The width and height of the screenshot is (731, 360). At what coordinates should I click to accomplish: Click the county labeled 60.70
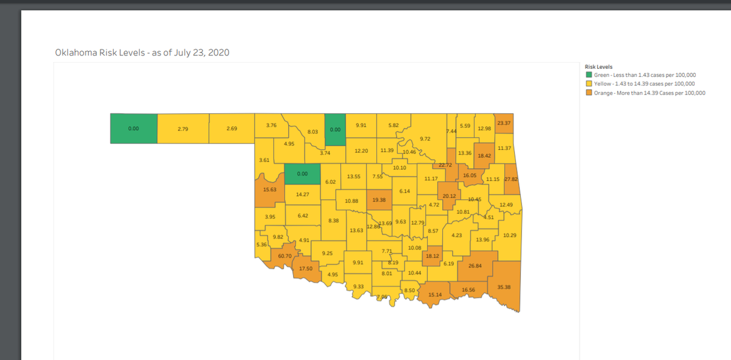284,256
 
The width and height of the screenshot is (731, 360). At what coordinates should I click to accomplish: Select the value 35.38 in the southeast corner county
504,287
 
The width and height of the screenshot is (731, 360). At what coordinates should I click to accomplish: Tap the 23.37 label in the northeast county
504,123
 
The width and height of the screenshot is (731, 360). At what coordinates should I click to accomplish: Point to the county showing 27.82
511,179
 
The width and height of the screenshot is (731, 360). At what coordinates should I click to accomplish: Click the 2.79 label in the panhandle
183,129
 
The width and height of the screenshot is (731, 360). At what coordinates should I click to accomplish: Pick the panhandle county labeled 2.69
231,129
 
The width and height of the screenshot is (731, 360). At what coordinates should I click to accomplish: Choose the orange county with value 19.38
379,200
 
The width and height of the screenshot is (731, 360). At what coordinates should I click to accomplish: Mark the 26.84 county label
475,266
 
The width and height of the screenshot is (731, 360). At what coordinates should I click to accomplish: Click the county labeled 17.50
306,269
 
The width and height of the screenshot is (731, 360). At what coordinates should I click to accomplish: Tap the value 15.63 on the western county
269,189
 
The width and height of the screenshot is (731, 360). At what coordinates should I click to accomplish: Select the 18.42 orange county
484,156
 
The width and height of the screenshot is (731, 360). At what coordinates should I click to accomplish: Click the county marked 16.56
468,289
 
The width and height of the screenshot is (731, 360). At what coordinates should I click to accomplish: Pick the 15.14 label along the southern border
435,295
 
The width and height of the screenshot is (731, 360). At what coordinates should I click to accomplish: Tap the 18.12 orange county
432,256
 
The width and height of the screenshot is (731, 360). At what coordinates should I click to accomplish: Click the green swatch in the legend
588,75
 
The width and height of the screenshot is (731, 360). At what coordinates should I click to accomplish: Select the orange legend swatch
588,93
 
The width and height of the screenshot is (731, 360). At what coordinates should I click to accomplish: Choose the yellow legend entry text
644,84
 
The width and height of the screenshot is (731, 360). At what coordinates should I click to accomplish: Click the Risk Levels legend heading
598,66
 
